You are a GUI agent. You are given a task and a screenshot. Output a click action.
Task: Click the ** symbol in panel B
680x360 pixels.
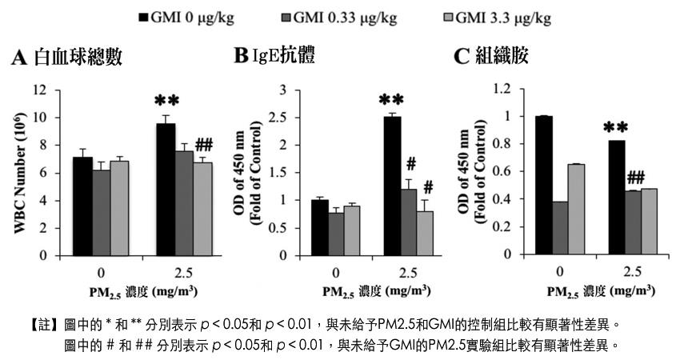click(x=391, y=101)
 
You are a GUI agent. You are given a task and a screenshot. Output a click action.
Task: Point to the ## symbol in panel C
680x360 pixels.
click(x=636, y=177)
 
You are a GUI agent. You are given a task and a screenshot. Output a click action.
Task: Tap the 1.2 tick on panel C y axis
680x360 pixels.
click(x=504, y=89)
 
